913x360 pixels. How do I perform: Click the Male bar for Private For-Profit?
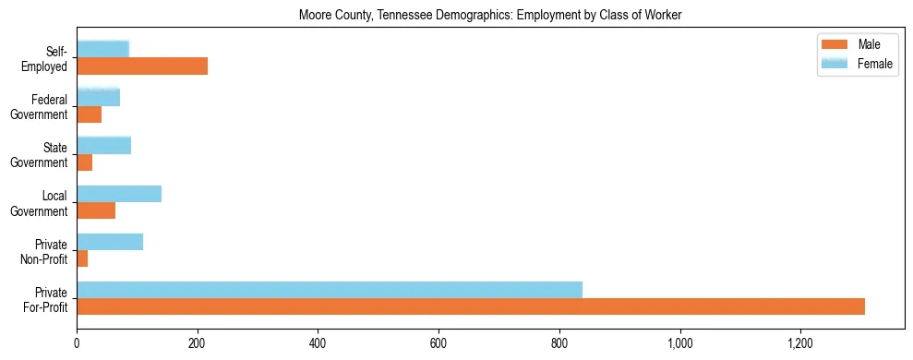[471, 306]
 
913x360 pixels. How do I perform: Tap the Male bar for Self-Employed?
[142, 66]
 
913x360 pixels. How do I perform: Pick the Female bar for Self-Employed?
[102, 50]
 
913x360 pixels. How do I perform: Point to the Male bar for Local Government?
[96, 210]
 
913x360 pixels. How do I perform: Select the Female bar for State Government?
[103, 146]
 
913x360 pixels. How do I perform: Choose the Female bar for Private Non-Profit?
[110, 242]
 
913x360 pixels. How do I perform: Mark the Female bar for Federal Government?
[98, 98]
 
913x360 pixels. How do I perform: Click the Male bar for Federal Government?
[89, 114]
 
